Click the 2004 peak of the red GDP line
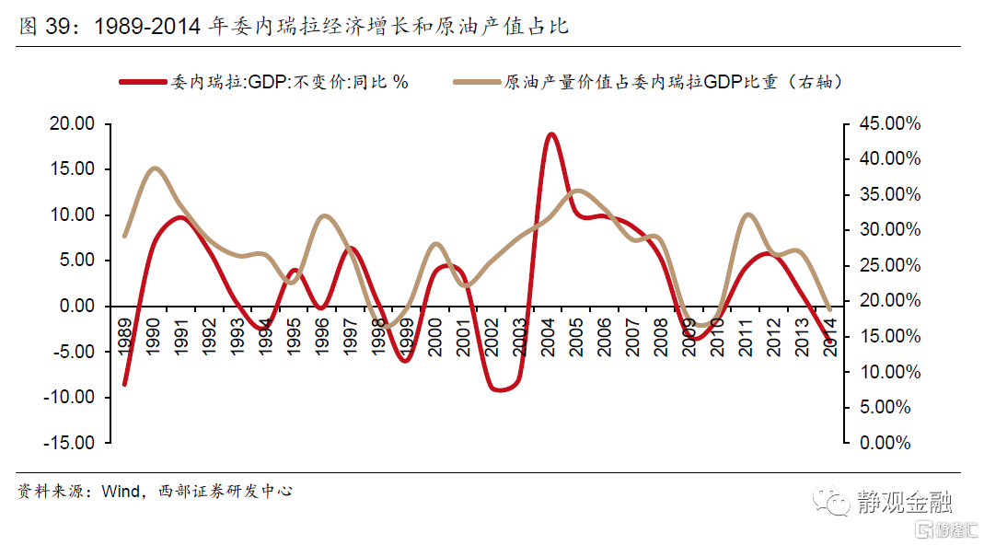point(550,134)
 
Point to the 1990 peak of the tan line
point(154,168)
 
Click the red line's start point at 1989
point(124,384)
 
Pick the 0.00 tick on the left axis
point(75,306)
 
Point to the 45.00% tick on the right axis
point(888,123)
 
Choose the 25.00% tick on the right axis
point(888,265)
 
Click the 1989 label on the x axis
point(125,337)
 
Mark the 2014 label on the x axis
point(831,337)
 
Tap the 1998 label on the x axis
point(379,337)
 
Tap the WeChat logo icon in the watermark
point(837,503)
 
